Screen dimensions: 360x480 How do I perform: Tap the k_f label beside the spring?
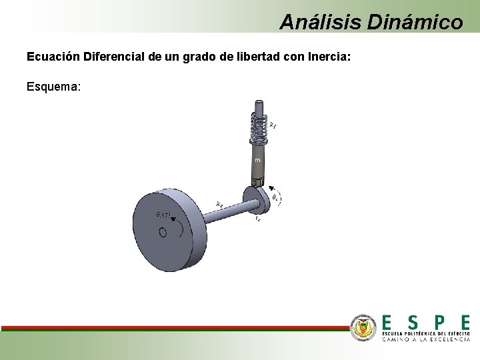(273, 124)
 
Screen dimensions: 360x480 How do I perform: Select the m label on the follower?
(257, 161)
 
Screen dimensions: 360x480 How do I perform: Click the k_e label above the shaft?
(219, 203)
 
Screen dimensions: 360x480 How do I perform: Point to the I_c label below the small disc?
(258, 218)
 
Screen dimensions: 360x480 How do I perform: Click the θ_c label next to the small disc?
(275, 198)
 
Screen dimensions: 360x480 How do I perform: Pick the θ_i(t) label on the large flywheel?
(161, 215)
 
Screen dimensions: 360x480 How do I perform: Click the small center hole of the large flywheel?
(162, 233)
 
